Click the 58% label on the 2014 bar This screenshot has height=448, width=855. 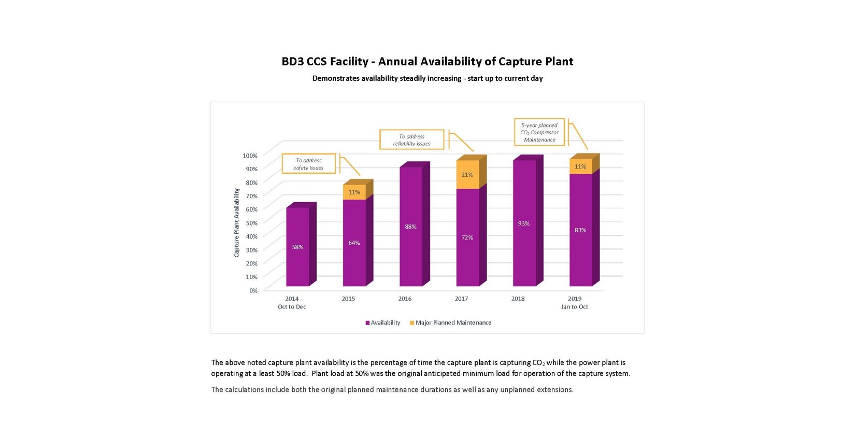298,247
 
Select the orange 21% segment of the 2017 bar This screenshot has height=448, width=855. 467,175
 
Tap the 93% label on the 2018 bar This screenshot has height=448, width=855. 524,223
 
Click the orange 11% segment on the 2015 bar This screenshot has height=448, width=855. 354,192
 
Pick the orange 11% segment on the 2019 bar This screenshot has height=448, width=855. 580,166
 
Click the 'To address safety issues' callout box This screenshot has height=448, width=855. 309,164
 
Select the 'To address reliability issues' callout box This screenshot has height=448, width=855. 412,140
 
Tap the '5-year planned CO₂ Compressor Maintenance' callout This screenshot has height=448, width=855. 539,132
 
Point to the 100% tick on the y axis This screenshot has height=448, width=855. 250,156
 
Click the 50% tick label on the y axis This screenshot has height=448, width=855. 251,222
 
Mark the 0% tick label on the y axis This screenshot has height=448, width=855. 253,291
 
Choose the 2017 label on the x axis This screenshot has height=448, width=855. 462,299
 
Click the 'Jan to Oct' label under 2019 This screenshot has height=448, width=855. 575,306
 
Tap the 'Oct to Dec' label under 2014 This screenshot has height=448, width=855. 292,306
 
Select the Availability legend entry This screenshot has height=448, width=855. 383,323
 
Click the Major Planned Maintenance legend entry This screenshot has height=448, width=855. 450,323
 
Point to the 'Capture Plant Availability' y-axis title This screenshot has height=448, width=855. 237,222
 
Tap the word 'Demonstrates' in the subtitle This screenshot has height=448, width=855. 336,78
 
